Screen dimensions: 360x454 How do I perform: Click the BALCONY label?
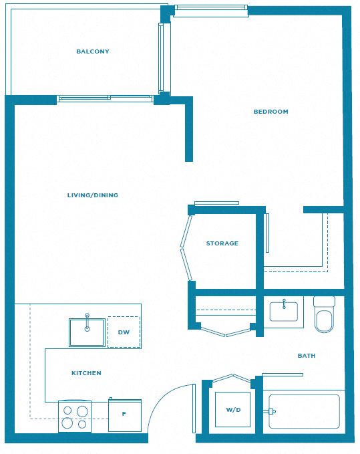point(93,51)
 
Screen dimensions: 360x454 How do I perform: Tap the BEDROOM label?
point(271,112)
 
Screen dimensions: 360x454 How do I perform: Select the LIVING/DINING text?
point(93,195)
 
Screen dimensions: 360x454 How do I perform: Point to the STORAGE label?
point(222,243)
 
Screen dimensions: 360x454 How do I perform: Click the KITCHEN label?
point(86,373)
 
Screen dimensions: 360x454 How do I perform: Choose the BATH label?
point(307,356)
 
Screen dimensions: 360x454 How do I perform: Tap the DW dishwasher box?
point(124,332)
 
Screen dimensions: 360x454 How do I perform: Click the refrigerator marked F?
point(125,415)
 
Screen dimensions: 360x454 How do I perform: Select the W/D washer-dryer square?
point(233,409)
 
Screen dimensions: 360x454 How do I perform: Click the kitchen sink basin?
point(87,332)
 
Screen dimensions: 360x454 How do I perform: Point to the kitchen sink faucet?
point(87,322)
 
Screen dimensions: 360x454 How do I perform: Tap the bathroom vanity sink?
point(284,312)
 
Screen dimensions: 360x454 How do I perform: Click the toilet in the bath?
point(324,314)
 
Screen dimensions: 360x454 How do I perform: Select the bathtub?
point(304,411)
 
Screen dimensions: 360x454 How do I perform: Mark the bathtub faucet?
point(269,411)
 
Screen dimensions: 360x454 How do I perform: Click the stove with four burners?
point(75,417)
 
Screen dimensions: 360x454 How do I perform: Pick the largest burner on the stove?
point(82,411)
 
